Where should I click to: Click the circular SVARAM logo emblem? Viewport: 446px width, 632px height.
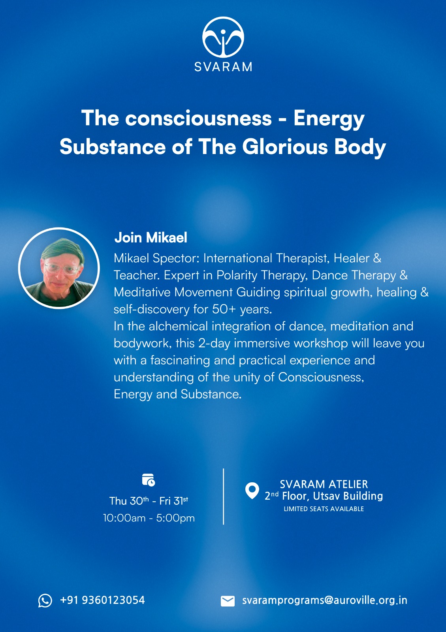click(223, 37)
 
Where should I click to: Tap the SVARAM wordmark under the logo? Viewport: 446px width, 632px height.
click(223, 67)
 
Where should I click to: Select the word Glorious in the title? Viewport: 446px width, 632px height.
click(285, 147)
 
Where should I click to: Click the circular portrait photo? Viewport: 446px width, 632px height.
click(59, 268)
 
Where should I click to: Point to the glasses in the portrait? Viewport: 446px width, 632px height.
click(62, 268)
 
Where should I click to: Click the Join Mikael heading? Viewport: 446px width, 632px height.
click(151, 237)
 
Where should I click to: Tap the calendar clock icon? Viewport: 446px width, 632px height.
click(149, 480)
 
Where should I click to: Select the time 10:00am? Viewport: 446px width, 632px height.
click(124, 518)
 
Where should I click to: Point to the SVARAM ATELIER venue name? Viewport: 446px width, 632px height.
click(324, 484)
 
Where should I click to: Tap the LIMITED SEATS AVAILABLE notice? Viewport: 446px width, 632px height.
click(324, 509)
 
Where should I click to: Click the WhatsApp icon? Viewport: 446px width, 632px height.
click(45, 600)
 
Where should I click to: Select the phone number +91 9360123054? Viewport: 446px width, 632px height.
click(102, 600)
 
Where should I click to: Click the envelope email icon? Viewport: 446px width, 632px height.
click(228, 601)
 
